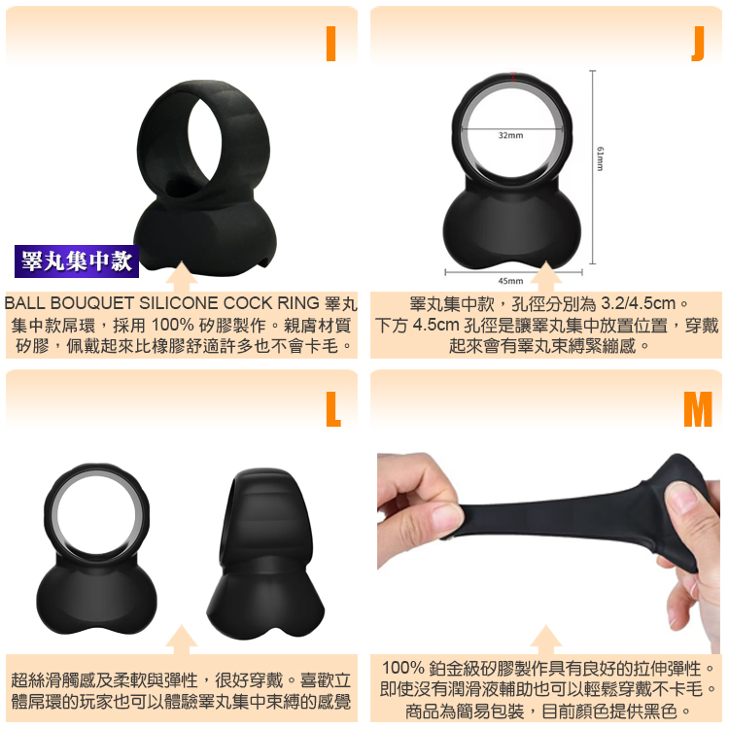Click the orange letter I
click(x=330, y=43)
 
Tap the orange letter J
click(x=698, y=43)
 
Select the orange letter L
click(x=332, y=408)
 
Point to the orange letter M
click(x=697, y=408)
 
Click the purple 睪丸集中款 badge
click(x=77, y=261)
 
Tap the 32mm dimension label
click(x=510, y=135)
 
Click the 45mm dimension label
click(x=510, y=281)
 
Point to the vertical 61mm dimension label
click(x=600, y=158)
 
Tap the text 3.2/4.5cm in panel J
click(x=638, y=303)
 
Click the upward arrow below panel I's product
click(x=181, y=276)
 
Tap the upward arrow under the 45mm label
click(x=546, y=276)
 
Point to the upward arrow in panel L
click(x=181, y=640)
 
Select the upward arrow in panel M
click(x=546, y=640)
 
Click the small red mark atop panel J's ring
click(x=513, y=76)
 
